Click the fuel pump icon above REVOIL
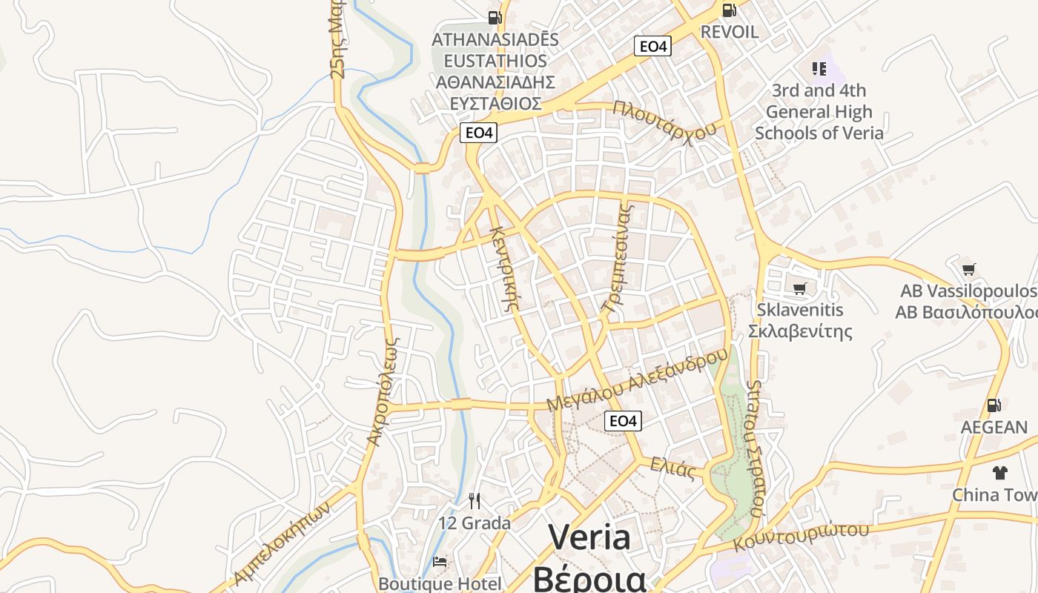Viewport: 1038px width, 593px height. (x=729, y=10)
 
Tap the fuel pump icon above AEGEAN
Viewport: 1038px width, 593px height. (x=994, y=405)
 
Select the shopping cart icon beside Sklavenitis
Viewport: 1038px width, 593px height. (x=799, y=288)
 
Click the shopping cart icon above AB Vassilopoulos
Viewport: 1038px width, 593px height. (x=968, y=269)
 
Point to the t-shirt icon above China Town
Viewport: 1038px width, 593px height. (x=999, y=472)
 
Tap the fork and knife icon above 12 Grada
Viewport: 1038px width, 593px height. (x=475, y=501)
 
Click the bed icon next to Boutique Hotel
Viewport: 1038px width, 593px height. (x=440, y=562)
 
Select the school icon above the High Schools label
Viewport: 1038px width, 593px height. (x=819, y=69)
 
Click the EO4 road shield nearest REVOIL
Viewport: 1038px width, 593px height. (x=652, y=46)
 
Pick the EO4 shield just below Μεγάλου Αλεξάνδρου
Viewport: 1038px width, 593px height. (x=622, y=421)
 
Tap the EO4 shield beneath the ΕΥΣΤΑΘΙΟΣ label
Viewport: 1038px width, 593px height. (x=478, y=133)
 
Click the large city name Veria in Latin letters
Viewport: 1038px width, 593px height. (x=589, y=537)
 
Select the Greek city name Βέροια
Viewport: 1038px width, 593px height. (x=589, y=578)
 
